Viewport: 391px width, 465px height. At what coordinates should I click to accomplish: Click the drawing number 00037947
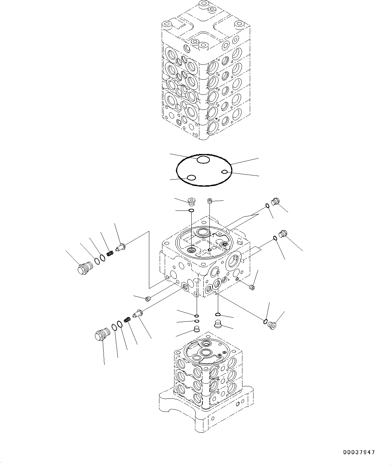359,453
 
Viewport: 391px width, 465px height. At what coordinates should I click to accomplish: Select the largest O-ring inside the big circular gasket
203,160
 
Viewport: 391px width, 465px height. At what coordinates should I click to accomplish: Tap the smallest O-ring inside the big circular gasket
225,172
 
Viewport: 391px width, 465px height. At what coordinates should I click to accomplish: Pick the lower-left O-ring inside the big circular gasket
191,178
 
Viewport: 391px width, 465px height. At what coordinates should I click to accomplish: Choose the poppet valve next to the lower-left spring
138,313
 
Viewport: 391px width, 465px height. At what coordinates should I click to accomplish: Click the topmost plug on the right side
275,201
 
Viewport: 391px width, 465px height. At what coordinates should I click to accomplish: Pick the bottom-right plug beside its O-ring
272,325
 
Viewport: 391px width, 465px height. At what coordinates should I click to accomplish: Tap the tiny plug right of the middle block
252,287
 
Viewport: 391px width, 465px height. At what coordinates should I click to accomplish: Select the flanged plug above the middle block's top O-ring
192,201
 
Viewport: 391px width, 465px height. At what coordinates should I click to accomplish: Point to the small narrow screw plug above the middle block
209,201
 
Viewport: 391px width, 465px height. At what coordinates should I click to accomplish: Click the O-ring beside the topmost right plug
267,206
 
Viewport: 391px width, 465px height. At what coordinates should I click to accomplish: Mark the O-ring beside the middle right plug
275,238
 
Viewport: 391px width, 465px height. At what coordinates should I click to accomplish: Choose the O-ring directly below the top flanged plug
191,211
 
